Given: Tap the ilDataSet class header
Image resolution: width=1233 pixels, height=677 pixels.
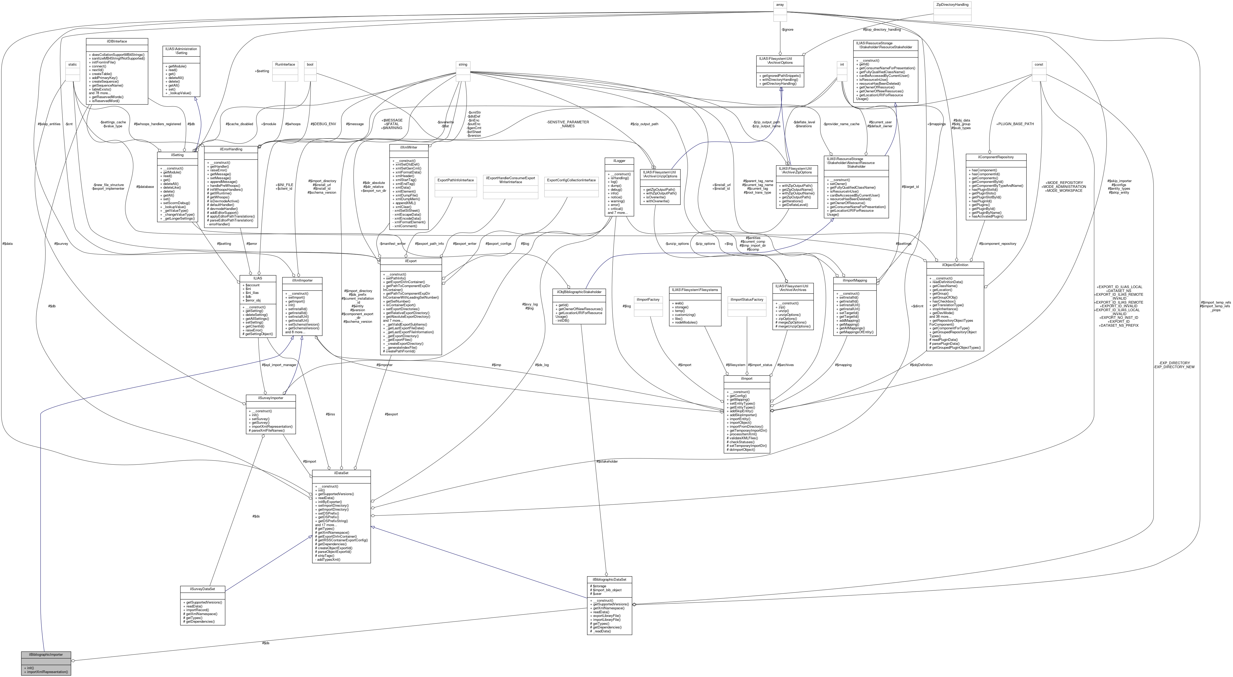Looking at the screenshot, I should [x=341, y=473].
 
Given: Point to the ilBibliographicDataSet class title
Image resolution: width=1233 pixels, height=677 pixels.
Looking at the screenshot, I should [x=609, y=579].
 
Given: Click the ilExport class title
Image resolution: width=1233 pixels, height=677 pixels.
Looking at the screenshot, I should [x=410, y=261].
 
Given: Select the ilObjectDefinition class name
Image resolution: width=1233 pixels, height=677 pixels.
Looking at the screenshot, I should [x=955, y=265].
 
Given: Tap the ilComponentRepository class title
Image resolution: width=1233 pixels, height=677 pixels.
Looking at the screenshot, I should [x=995, y=157].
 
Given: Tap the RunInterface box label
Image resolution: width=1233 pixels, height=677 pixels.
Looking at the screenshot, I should [x=285, y=64].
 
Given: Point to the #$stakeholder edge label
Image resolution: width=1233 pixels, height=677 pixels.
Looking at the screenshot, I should [x=607, y=461].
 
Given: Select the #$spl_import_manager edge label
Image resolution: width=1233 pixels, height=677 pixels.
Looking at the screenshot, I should [x=279, y=365].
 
